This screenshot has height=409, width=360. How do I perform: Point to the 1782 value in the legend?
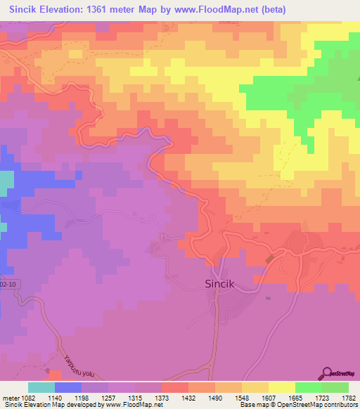tap(348, 398)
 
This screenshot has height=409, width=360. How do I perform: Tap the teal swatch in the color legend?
tap(41, 387)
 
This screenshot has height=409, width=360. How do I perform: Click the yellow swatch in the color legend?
tap(281, 387)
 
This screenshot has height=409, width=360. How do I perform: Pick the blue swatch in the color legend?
tap(68, 387)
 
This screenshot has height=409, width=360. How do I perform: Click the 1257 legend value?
tap(107, 398)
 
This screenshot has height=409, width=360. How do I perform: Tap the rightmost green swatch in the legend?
tap(335, 387)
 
